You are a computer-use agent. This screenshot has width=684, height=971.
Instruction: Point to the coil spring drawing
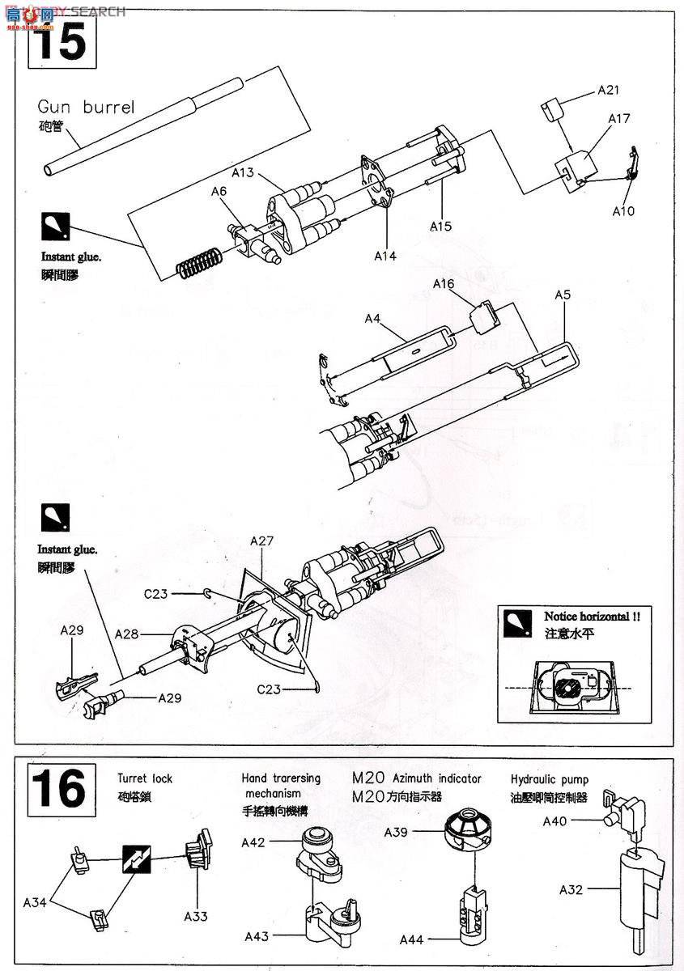click(x=199, y=263)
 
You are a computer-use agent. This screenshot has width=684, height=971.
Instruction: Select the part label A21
click(x=609, y=91)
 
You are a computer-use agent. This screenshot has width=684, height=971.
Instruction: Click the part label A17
click(x=619, y=118)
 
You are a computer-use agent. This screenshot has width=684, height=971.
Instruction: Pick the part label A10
click(x=622, y=211)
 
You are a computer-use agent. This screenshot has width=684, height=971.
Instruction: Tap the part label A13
click(x=243, y=172)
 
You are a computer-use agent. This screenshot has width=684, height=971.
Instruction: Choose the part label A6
click(x=219, y=192)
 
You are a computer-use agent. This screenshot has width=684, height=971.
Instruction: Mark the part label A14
click(x=385, y=255)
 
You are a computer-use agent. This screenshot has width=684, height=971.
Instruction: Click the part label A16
click(x=444, y=284)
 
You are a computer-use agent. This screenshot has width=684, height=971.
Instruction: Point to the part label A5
click(x=563, y=295)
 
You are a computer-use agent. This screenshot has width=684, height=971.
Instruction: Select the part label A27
click(x=261, y=541)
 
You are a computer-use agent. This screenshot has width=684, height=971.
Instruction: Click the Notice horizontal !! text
click(x=592, y=616)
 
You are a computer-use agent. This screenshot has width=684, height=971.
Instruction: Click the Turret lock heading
click(x=144, y=778)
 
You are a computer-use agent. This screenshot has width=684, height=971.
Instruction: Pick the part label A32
click(x=571, y=890)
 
